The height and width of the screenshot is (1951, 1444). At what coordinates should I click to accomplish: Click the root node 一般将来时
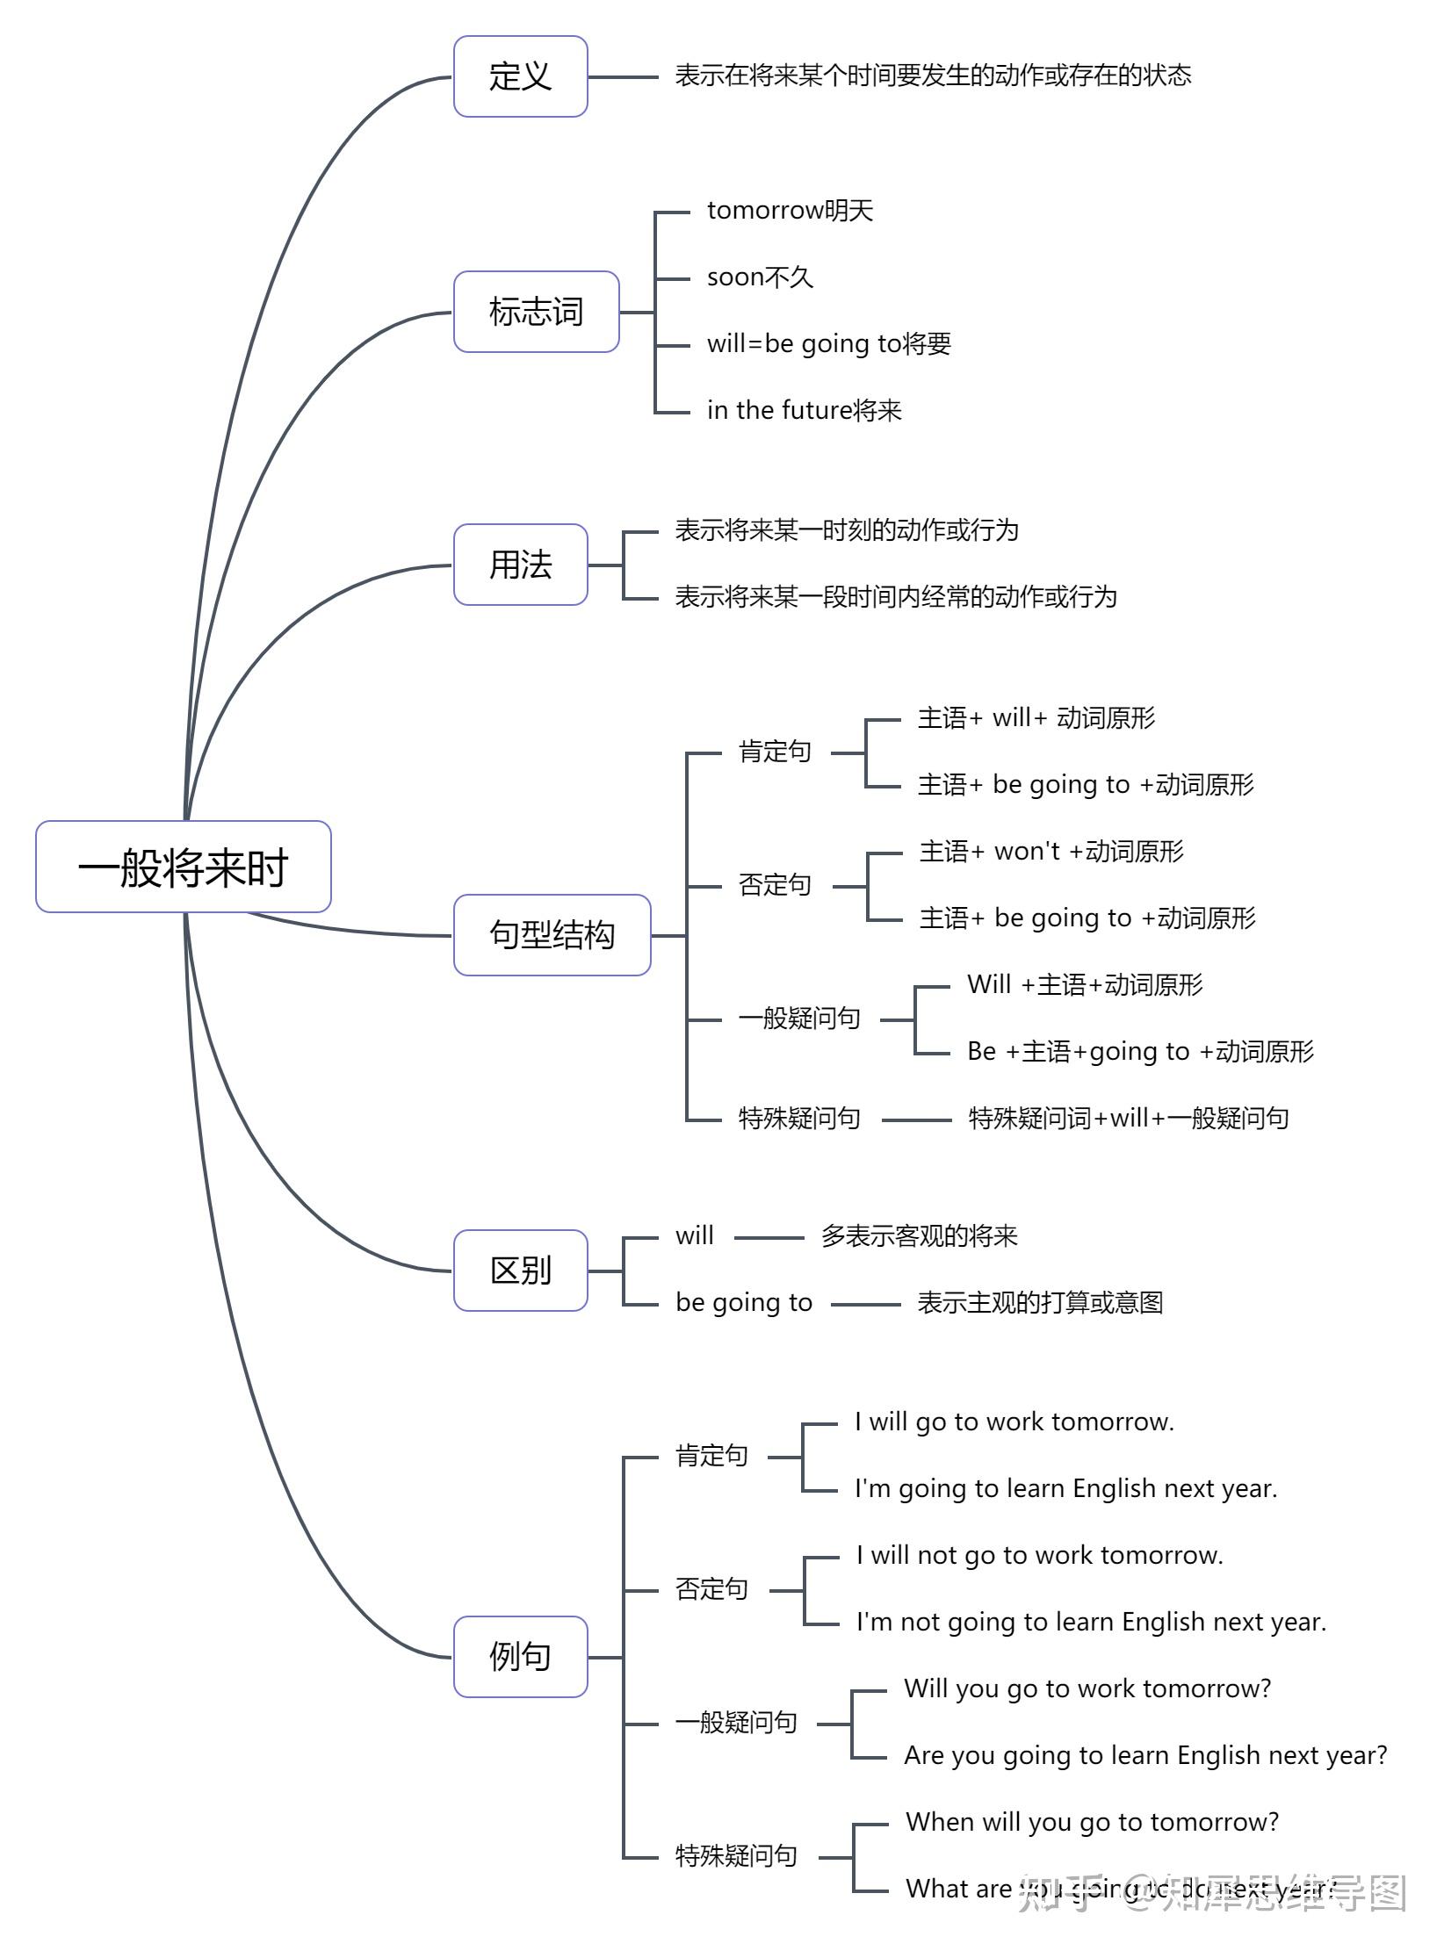(183, 867)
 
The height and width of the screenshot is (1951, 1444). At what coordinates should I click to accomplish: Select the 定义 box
(520, 76)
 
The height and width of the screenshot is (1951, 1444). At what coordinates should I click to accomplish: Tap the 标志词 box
(536, 312)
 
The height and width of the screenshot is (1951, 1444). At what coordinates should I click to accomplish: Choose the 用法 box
(520, 565)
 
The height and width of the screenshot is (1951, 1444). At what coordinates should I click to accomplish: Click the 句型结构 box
(552, 935)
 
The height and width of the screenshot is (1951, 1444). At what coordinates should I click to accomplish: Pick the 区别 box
(520, 1271)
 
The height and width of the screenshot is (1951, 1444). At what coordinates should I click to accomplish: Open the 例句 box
(520, 1657)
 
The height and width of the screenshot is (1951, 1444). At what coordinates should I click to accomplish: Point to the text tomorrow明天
(790, 211)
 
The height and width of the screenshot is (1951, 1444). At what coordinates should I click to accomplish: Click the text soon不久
(760, 277)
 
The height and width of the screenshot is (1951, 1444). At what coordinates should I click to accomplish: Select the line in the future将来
(804, 410)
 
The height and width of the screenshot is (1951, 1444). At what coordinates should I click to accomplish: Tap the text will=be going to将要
(828, 343)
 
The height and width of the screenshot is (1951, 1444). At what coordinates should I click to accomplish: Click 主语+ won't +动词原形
(1051, 851)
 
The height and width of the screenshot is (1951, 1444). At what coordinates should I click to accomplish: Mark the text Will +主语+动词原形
(1084, 984)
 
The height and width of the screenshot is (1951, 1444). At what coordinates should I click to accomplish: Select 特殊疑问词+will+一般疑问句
(1128, 1118)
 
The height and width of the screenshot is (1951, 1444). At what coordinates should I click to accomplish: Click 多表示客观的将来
(919, 1236)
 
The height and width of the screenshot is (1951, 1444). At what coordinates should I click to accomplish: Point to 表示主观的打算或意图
(1040, 1302)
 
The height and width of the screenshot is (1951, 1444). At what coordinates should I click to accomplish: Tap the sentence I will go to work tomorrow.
(1014, 1422)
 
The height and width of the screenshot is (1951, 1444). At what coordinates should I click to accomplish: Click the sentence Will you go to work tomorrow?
(1087, 1688)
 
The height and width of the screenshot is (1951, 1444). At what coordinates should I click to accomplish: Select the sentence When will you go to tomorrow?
(1092, 1822)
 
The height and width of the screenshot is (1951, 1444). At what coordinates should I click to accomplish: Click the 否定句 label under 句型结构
(774, 884)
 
